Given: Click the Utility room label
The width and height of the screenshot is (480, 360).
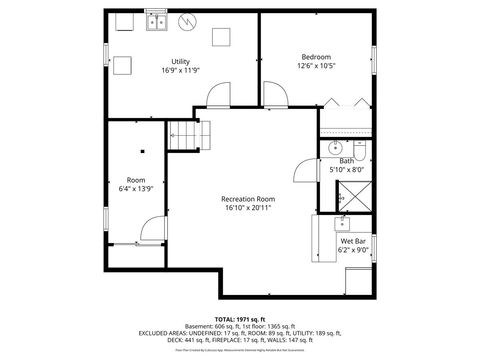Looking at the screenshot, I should tap(181, 61).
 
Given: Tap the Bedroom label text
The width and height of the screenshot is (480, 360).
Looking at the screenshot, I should tap(316, 57).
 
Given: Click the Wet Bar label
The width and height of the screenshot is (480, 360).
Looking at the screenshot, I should tap(353, 241).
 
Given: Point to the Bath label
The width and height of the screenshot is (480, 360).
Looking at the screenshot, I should tap(346, 161).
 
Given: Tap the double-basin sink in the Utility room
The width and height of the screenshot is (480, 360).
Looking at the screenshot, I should tap(156, 21).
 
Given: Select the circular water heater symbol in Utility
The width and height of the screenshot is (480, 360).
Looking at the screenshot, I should tap(187, 21).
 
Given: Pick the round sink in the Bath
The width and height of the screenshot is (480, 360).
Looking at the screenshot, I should tap(334, 148).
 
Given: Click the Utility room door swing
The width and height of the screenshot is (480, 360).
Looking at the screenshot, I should tap(216, 97).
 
